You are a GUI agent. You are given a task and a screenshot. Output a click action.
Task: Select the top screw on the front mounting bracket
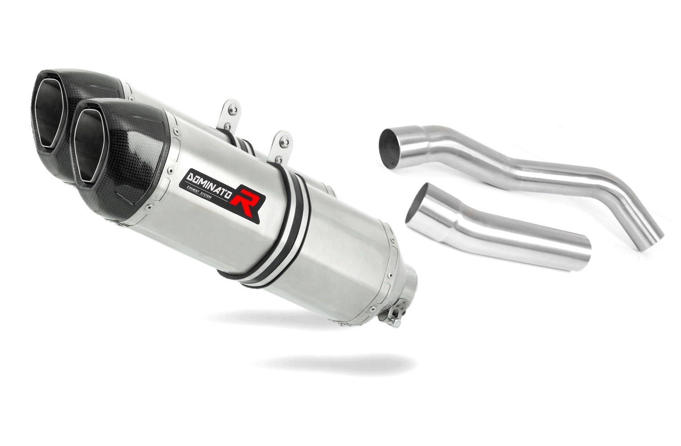coord(285,142)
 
